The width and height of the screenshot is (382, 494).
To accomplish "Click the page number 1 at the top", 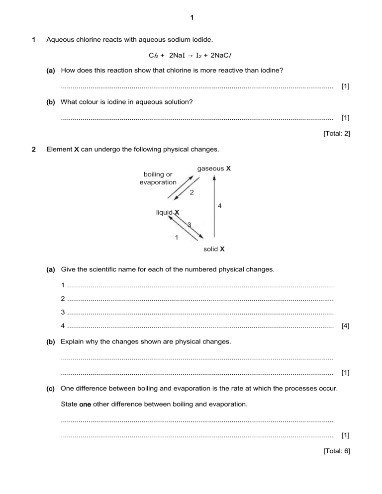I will click(191, 18).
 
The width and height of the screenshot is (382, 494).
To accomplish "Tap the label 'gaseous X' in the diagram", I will click(214, 168).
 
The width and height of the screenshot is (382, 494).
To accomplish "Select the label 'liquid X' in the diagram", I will click(168, 213).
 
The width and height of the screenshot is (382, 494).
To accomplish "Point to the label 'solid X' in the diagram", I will click(214, 248).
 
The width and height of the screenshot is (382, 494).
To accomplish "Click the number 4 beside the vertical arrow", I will click(219, 205).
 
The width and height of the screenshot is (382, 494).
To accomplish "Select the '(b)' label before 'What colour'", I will click(51, 102).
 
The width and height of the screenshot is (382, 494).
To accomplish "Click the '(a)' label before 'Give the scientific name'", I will click(51, 269).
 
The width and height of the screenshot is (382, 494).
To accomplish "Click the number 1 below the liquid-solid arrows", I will click(176, 237).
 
